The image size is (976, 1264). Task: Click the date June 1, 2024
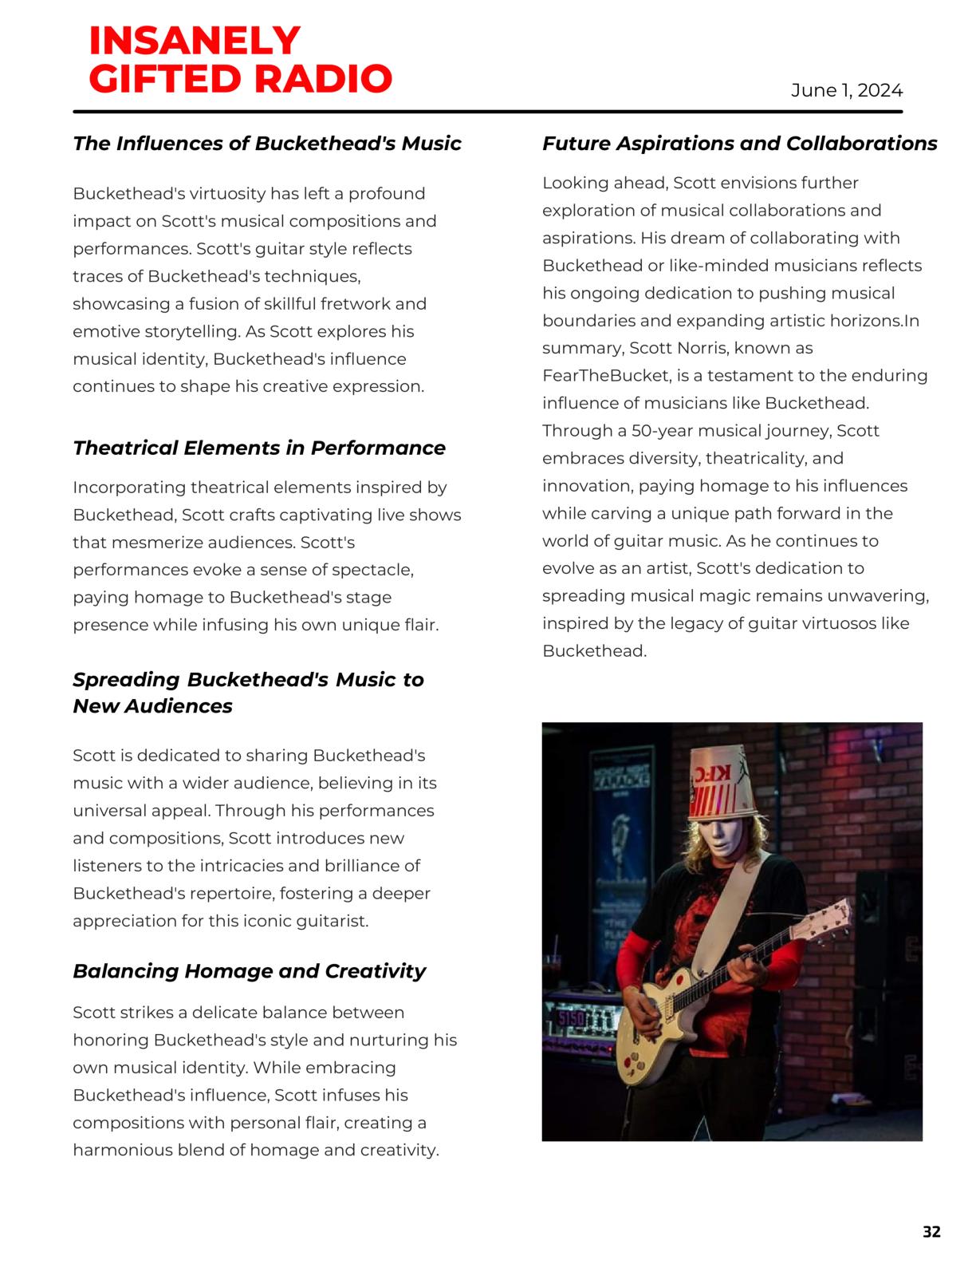(846, 90)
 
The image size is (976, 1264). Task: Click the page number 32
(931, 1231)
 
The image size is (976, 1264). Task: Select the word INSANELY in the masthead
(194, 40)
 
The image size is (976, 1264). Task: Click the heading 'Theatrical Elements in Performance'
(258, 448)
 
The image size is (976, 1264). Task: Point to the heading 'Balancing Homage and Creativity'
(249, 970)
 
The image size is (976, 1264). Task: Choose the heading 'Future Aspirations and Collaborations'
(739, 143)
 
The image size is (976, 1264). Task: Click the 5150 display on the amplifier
(571, 1019)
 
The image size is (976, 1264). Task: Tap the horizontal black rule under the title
(487, 112)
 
